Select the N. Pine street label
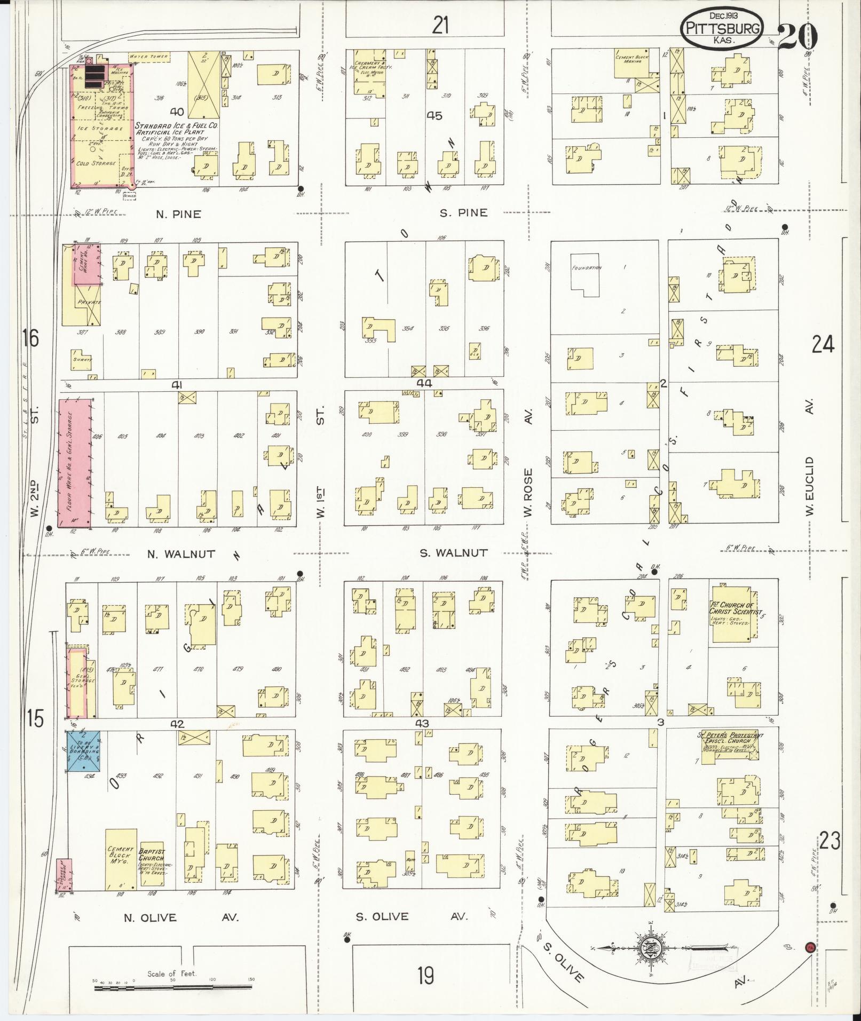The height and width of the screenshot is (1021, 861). [178, 215]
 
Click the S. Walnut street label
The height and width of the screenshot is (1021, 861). [453, 553]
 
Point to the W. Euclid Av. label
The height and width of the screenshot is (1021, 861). [810, 485]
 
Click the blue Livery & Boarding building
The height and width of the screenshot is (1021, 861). [85, 751]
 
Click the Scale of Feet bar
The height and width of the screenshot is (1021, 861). [173, 988]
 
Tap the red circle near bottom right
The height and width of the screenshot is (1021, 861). [810, 947]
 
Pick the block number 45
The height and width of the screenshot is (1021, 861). [435, 115]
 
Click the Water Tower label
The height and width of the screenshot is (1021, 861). [149, 56]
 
